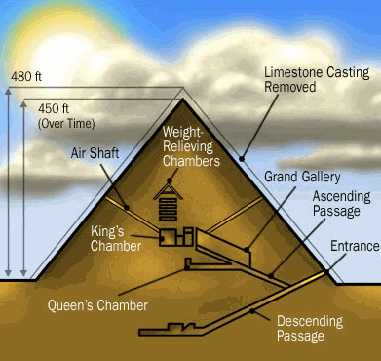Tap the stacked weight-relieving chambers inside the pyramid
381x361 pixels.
(170, 204)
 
